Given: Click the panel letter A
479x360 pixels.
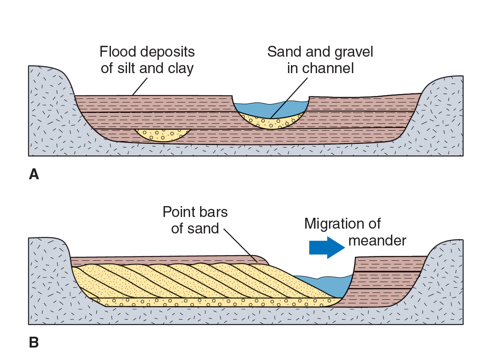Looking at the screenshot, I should point(34,174).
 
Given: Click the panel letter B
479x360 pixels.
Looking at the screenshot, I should point(34,343).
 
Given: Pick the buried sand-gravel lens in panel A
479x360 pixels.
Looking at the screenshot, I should point(162,135).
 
